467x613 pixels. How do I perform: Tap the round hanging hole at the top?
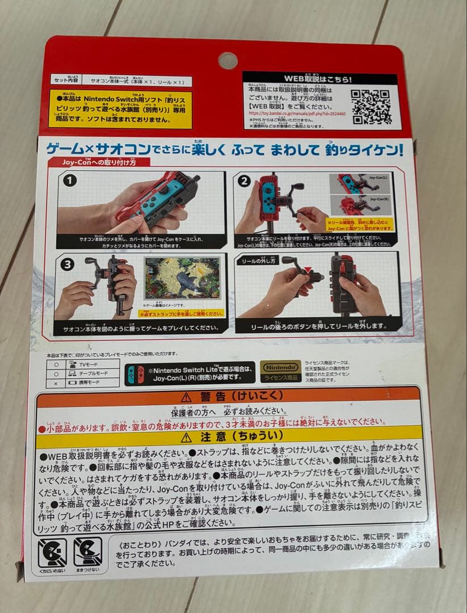tap(228, 61)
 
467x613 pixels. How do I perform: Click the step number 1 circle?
tap(70, 181)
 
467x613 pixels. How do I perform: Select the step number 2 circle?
tap(245, 181)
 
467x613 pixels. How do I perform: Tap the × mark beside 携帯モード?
tap(56, 384)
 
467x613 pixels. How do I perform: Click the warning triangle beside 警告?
tap(186, 396)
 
